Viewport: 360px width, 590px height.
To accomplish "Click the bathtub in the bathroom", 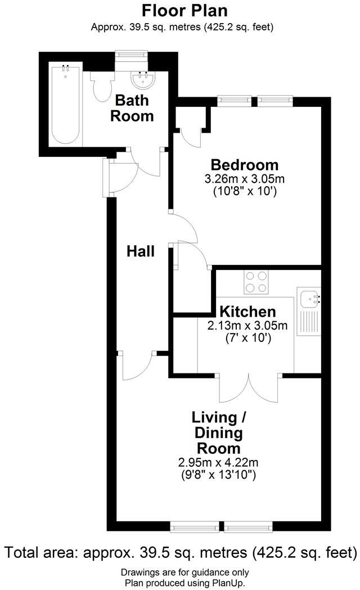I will click(66, 105).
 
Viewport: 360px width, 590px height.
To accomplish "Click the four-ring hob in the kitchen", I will click(256, 282).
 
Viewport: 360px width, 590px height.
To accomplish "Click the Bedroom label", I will click(244, 165).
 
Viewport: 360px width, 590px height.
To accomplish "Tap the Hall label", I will click(140, 251).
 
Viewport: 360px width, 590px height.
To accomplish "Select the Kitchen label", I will click(247, 312).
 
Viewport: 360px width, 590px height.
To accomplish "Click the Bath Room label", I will click(132, 108).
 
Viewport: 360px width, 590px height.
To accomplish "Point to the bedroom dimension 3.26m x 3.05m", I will click(244, 179).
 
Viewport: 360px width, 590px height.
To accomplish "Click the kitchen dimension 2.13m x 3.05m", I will click(247, 325).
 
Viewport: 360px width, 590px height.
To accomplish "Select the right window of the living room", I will click(248, 527).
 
